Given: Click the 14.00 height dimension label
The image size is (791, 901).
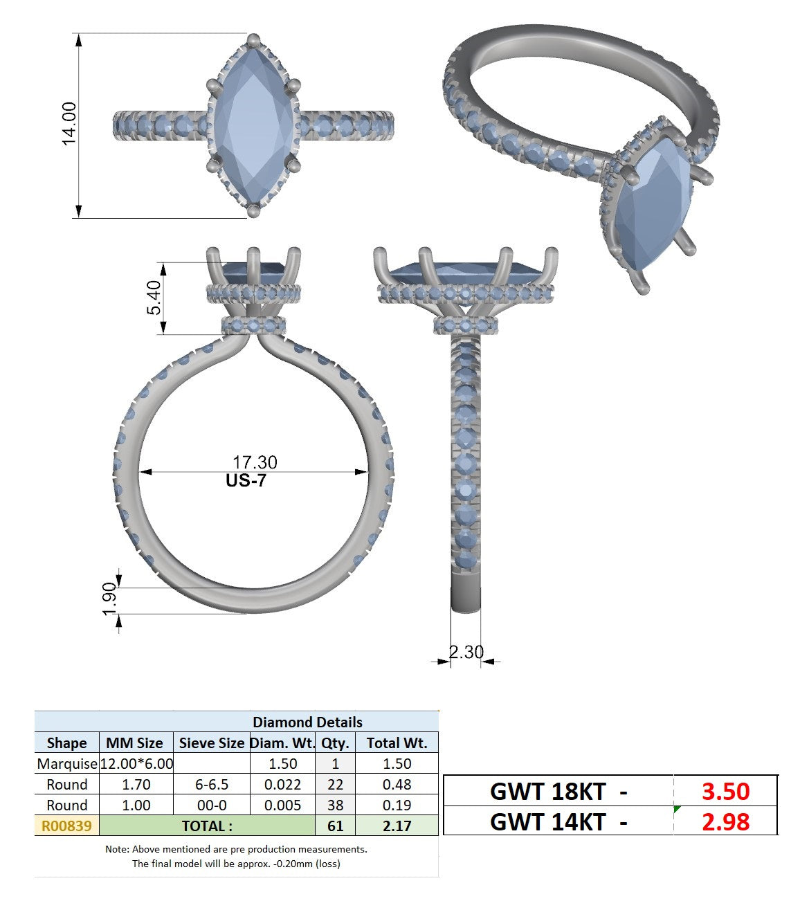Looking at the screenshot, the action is (x=69, y=124).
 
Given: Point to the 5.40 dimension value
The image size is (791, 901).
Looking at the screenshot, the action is (x=154, y=298).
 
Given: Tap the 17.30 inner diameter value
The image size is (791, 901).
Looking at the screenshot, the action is (x=255, y=462).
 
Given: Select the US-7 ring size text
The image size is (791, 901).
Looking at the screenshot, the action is (x=246, y=480).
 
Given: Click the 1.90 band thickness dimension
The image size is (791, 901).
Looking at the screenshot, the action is (x=109, y=599).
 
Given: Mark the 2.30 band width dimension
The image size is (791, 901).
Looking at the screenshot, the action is (x=466, y=652).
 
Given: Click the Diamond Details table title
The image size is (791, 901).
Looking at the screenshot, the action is (x=307, y=722).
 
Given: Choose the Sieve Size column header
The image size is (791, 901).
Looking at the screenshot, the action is (x=211, y=743).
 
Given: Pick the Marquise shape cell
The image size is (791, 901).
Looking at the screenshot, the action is (x=66, y=763).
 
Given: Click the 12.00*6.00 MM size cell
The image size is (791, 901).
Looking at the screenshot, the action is (x=136, y=763).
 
